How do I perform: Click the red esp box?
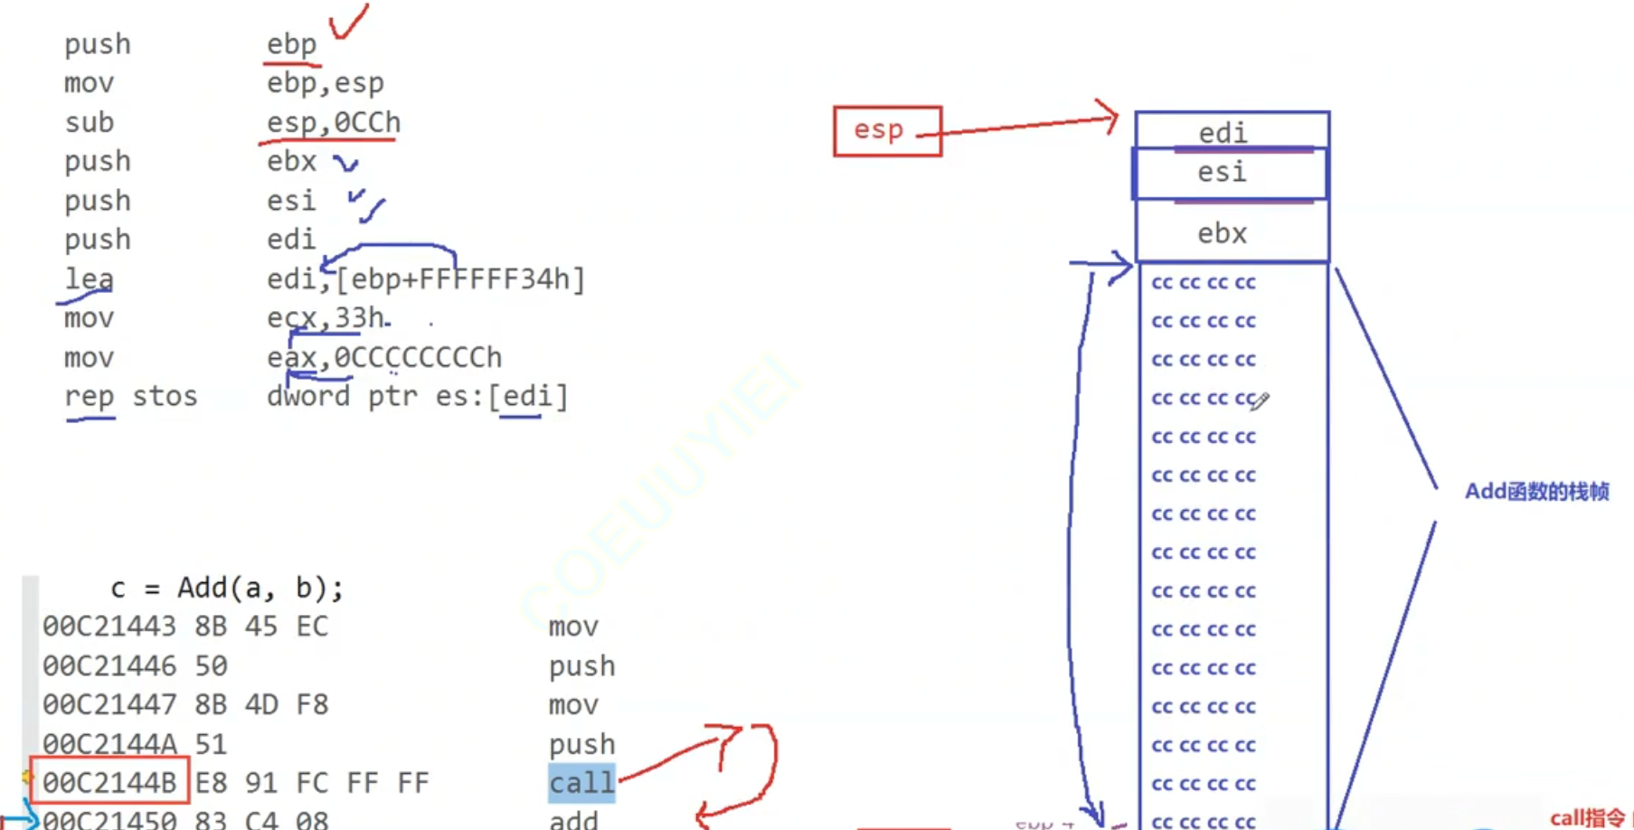coord(886,131)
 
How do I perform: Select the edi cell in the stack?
coord(1223,132)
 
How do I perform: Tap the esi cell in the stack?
coord(1223,172)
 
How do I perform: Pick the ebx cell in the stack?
coord(1223,233)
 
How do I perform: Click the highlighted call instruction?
coord(581,783)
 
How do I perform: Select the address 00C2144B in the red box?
coord(109,783)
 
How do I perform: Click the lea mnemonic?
coord(89,278)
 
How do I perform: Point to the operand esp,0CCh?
coord(333,122)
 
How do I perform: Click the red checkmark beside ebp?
coord(348,22)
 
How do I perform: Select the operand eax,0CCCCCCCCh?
coord(384,357)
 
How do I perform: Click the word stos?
coord(164,396)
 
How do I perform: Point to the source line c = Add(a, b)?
coord(226,589)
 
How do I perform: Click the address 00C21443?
coord(109,627)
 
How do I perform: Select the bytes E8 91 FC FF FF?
coord(312,783)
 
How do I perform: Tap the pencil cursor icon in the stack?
coord(1260,401)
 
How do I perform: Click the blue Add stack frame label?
coord(1536,491)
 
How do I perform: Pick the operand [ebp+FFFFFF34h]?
coord(460,278)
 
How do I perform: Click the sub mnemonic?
coord(89,122)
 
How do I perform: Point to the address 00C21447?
coord(109,704)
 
